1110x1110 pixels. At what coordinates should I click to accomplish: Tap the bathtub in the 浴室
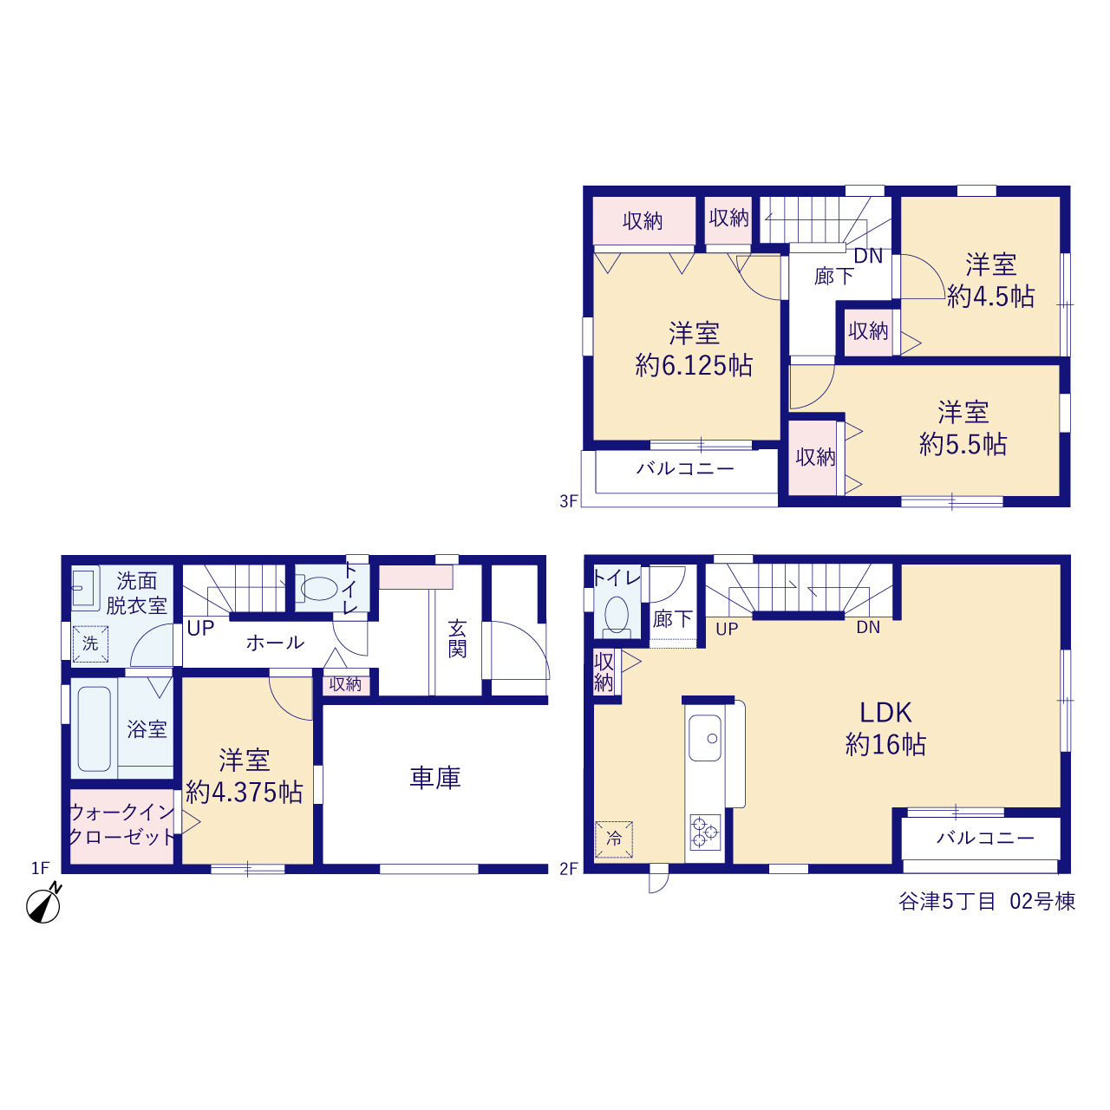point(94,728)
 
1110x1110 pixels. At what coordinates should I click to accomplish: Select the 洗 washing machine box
point(90,644)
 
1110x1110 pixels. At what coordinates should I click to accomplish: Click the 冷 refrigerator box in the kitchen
point(614,839)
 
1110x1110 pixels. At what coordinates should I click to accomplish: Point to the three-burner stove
point(705,832)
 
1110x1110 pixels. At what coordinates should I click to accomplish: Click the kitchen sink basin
point(705,738)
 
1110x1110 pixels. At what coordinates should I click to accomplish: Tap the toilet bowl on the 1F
point(319,588)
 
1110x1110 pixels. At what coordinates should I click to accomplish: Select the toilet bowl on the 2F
point(617,615)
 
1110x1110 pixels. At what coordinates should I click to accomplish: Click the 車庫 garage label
point(435,778)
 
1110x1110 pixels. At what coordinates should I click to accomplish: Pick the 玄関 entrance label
point(457,639)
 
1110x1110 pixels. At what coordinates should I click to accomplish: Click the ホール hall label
point(276,643)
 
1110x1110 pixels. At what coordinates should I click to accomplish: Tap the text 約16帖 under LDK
point(886,745)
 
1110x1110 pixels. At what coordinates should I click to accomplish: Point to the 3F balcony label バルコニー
point(685,468)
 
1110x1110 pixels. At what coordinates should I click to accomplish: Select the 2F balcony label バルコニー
point(985,838)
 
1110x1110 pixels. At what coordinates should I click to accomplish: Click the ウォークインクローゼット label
point(121,825)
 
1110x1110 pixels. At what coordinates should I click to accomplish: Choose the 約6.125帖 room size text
point(694,365)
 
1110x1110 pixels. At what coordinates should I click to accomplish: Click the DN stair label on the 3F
point(868,256)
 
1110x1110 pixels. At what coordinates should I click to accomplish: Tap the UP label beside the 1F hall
point(200,628)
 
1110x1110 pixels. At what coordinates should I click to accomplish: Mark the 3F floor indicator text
point(569,501)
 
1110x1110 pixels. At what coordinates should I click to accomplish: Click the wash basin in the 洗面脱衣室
point(83,588)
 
